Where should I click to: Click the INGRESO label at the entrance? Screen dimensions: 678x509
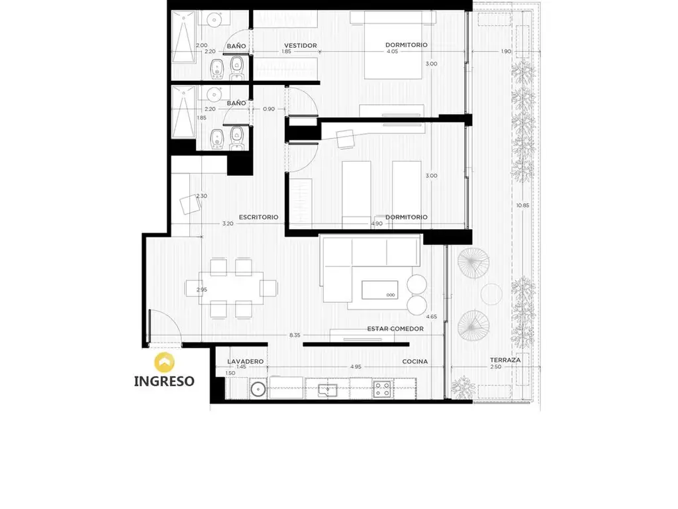[x=164, y=381]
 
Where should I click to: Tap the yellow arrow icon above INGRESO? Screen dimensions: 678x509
[x=164, y=363]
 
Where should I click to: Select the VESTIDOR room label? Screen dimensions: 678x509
[x=301, y=46]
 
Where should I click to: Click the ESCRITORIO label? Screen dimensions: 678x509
[x=259, y=217]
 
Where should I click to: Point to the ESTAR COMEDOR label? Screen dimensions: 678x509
[x=395, y=329]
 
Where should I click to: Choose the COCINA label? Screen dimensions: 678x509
[x=415, y=361]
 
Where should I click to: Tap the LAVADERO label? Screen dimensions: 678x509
[x=245, y=361]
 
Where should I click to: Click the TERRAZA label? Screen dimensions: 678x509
[x=505, y=360]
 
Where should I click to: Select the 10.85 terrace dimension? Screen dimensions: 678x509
[x=522, y=205]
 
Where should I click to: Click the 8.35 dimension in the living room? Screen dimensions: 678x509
[x=295, y=335]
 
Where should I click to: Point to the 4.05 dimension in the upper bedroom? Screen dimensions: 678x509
[x=393, y=52]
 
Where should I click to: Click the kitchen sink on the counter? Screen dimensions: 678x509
[x=328, y=390]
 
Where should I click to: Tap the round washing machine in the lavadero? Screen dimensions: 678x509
[x=258, y=389]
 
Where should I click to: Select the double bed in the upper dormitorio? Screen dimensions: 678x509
[x=393, y=45]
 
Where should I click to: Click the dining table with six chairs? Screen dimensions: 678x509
[x=231, y=288]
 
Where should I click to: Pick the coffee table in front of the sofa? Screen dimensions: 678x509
[x=379, y=290]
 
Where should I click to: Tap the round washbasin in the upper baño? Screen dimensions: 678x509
[x=214, y=19]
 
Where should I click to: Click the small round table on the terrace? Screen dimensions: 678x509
[x=492, y=294]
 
